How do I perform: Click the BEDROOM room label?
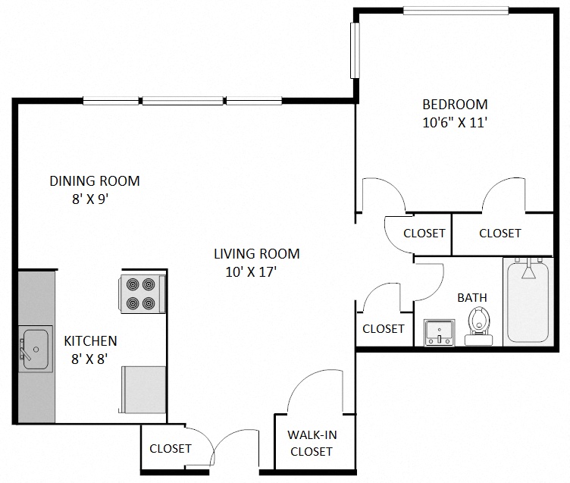(x=455, y=105)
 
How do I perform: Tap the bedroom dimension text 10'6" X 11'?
(x=455, y=122)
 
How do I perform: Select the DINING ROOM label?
(x=95, y=181)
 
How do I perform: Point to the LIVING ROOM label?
(x=256, y=254)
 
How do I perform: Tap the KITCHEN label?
(x=90, y=341)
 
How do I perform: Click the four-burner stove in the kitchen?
(x=142, y=293)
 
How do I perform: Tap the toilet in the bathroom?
(x=478, y=324)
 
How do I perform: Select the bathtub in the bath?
(x=528, y=301)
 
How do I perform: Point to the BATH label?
(x=471, y=298)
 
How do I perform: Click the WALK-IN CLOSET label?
(x=311, y=444)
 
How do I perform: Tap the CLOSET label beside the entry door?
(x=171, y=448)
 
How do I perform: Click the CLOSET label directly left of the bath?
(x=384, y=328)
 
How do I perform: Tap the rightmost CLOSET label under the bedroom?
(x=500, y=234)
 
